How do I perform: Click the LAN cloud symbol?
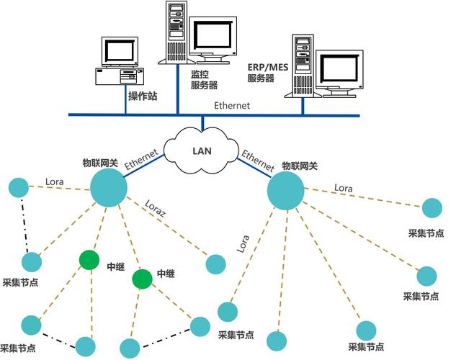201,150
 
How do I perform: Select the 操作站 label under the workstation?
142,96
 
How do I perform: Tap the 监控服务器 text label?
204,80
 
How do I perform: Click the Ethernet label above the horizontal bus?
231,105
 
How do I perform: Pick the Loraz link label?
156,210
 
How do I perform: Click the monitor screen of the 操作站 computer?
119,51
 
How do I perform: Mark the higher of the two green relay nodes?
89,259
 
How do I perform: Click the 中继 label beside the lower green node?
166,274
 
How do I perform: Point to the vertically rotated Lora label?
243,243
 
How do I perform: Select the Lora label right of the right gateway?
344,188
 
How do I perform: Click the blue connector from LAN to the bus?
202,123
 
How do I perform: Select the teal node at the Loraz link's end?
215,264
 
